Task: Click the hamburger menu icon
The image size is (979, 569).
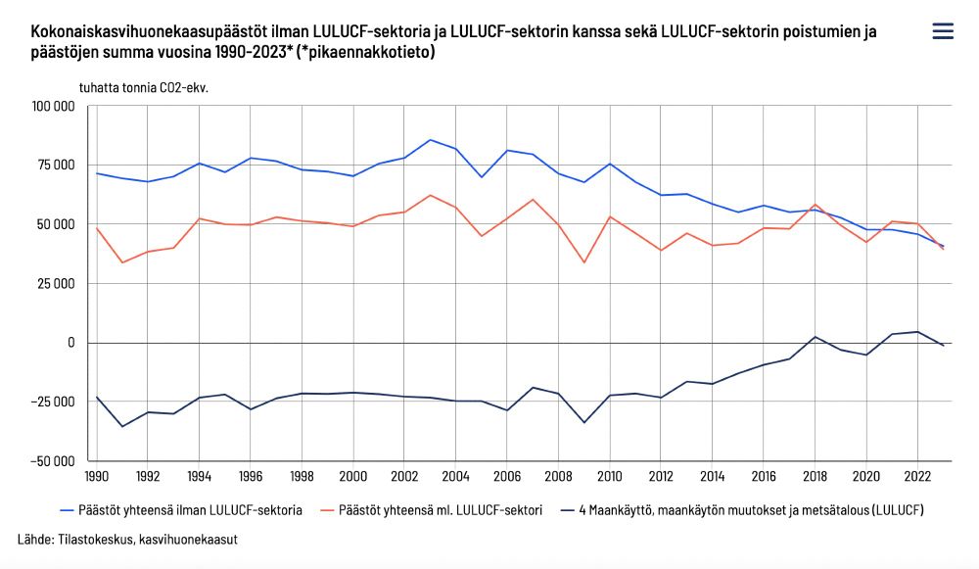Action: (943, 31)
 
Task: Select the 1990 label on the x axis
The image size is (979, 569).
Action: (97, 477)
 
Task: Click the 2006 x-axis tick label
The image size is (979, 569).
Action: (507, 477)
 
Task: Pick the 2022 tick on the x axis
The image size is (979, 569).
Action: (917, 477)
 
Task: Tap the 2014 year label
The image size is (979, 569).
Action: (712, 477)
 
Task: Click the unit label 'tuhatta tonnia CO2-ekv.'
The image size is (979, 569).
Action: (144, 87)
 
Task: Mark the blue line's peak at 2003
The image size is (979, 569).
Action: (430, 139)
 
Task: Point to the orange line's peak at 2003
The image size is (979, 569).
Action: (430, 195)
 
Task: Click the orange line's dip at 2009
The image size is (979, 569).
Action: (583, 262)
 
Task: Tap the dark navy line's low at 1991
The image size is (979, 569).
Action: (122, 426)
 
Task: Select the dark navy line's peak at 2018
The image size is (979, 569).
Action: (815, 337)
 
